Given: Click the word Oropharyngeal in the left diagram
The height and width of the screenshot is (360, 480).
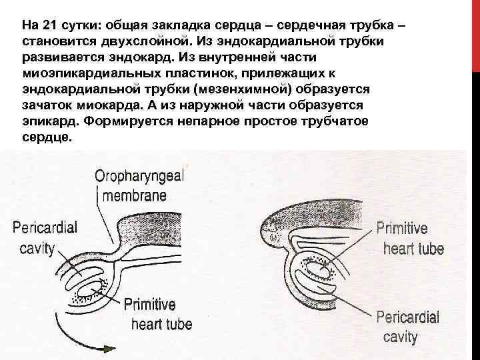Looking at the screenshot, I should [140, 177].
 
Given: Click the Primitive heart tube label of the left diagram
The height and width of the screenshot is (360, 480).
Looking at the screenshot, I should [157, 315].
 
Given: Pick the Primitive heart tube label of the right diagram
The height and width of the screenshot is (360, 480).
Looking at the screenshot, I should [409, 239].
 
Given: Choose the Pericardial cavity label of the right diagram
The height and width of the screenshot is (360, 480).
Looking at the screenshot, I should [407, 327].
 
